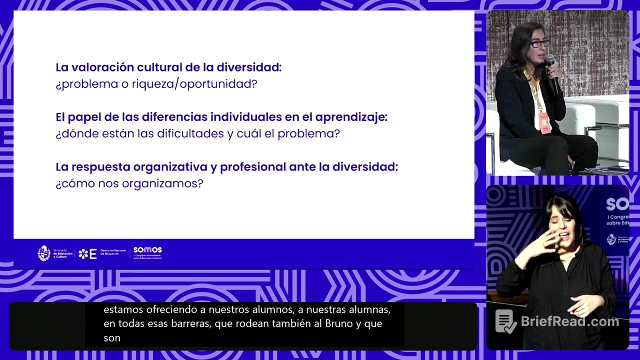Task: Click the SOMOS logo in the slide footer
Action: [147, 252]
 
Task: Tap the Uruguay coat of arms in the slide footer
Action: [44, 253]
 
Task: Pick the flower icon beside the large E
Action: [83, 254]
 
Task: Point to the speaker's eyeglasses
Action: [539, 43]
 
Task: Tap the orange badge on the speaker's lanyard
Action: [543, 121]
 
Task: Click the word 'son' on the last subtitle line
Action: [112, 338]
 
